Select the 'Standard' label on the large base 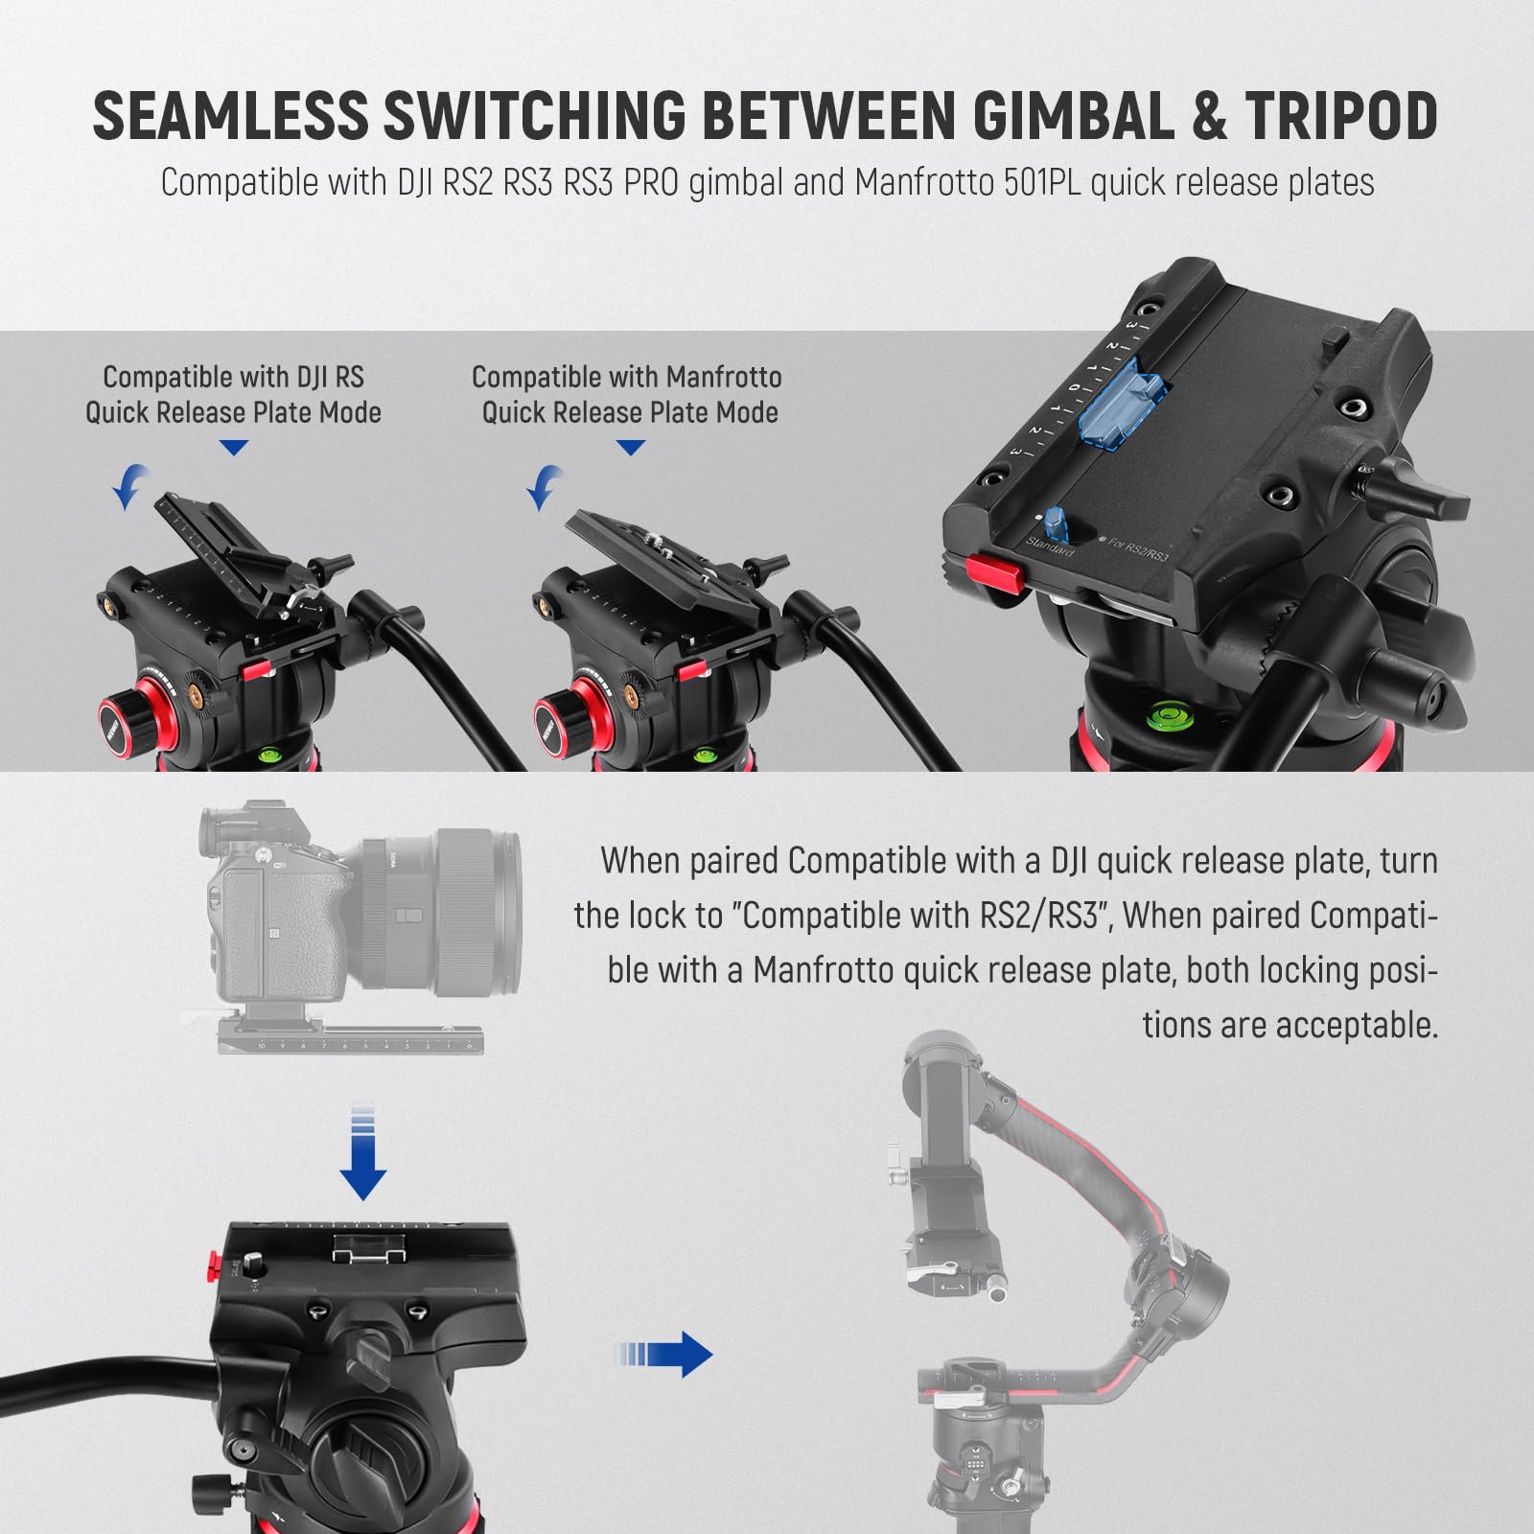tap(1049, 547)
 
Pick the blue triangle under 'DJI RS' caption tap(233, 448)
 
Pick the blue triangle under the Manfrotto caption tap(630, 448)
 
